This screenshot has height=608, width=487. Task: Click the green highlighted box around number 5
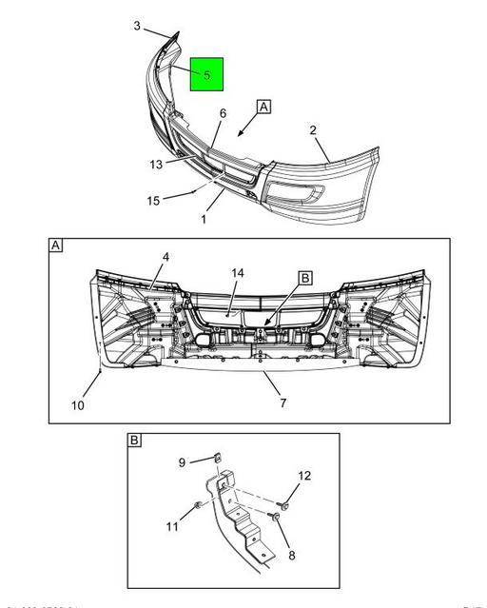pyautogui.click(x=206, y=73)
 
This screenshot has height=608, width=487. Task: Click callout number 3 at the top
pyautogui.click(x=137, y=26)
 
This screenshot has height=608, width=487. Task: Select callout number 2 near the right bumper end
pyautogui.click(x=313, y=130)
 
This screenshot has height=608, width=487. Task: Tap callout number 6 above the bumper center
pyautogui.click(x=223, y=113)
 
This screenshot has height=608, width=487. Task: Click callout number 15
pyautogui.click(x=152, y=201)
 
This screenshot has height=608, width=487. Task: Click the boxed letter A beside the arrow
pyautogui.click(x=263, y=108)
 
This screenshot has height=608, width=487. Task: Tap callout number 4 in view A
pyautogui.click(x=166, y=257)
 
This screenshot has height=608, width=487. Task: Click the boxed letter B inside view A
pyautogui.click(x=305, y=278)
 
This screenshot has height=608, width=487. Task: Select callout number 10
pyautogui.click(x=78, y=405)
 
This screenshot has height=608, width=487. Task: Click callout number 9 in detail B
pyautogui.click(x=183, y=462)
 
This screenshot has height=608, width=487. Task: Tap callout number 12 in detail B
pyautogui.click(x=304, y=476)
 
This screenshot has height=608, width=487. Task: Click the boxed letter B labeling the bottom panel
pyautogui.click(x=135, y=441)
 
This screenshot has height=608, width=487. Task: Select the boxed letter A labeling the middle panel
pyautogui.click(x=55, y=246)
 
